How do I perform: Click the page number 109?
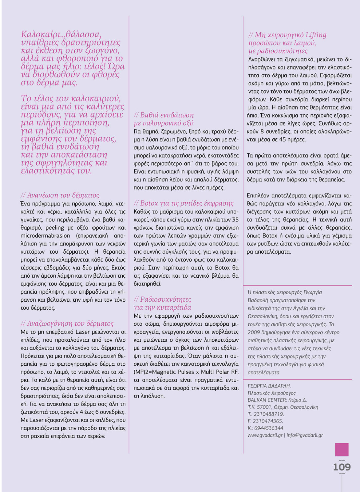pyautogui.click(x=342, y=467)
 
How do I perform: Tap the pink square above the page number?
pyautogui.click(x=342, y=450)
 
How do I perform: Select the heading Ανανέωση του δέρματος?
pyautogui.click(x=60, y=195)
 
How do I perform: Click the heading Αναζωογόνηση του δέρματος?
pyautogui.click(x=67, y=323)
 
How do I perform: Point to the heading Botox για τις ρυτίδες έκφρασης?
pyautogui.click(x=184, y=203)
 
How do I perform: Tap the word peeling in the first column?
pyautogui.click(x=54, y=228)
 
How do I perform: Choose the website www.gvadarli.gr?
pyautogui.click(x=265, y=435)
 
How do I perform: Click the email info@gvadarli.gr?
pyautogui.click(x=305, y=435)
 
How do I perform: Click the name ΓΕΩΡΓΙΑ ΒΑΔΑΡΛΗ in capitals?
pyautogui.click(x=269, y=386)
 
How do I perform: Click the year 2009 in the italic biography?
pyautogui.click(x=254, y=332)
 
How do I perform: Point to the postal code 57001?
pyautogui.click(x=263, y=407)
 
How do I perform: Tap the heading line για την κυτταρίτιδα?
pyautogui.click(x=162, y=307)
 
